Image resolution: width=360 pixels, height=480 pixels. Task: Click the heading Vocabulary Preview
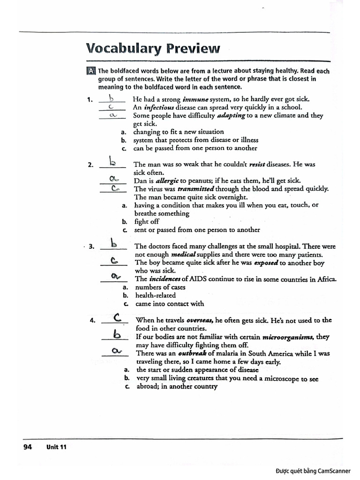[152, 48]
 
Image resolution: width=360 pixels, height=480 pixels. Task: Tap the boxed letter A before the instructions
[91, 71]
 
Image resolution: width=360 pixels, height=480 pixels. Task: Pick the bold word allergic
[167, 180]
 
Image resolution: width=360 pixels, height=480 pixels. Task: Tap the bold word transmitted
[196, 188]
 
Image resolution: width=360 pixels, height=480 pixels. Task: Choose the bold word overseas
[197, 320]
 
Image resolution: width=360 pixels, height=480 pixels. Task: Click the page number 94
[27, 447]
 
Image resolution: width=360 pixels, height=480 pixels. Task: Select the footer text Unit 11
[56, 447]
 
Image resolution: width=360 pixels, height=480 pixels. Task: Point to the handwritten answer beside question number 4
[118, 318]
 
